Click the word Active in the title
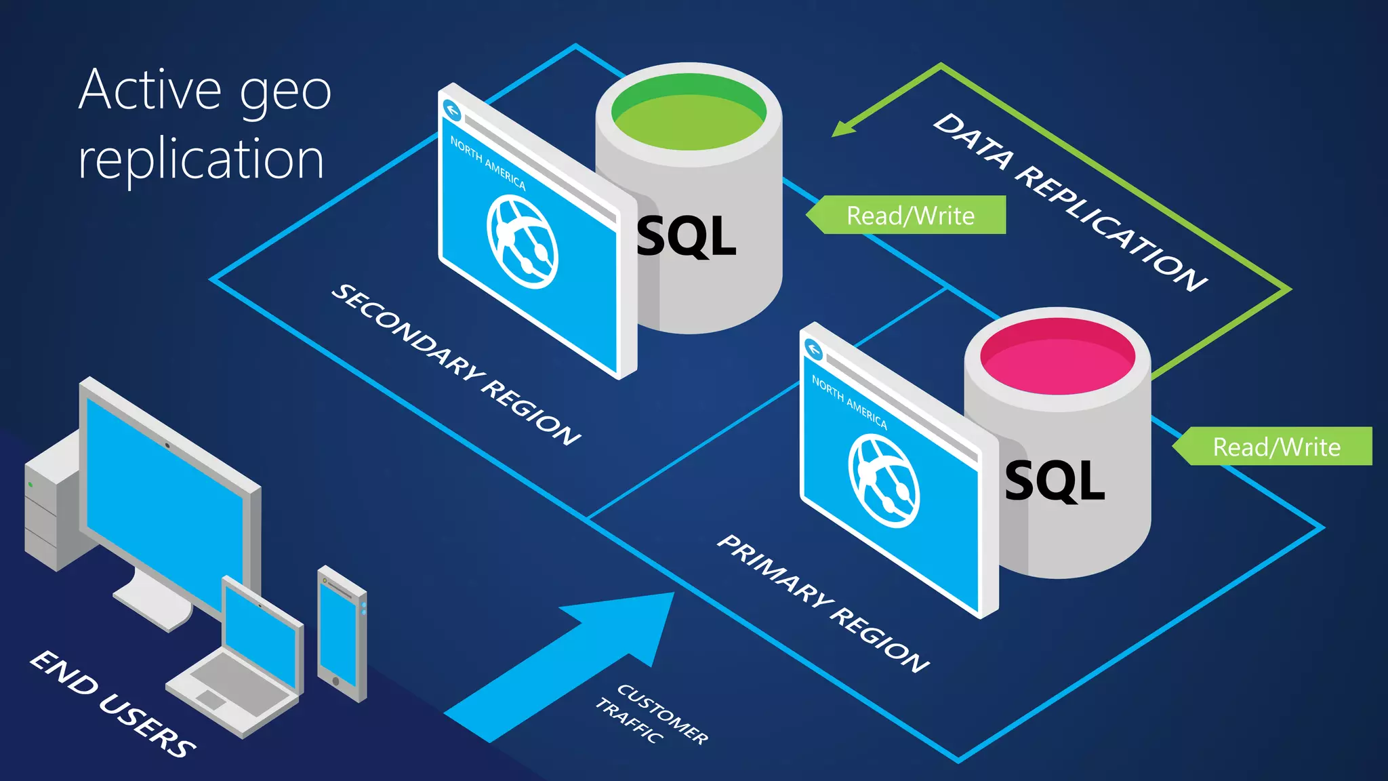coord(150,89)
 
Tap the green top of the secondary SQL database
coord(689,114)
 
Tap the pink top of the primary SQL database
coord(1057,357)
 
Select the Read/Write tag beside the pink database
coord(1275,447)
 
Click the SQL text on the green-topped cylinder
coord(687,237)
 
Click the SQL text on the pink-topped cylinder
coord(1055,481)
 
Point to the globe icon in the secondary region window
coord(523,241)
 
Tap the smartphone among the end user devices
coord(342,634)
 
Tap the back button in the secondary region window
coord(452,111)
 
